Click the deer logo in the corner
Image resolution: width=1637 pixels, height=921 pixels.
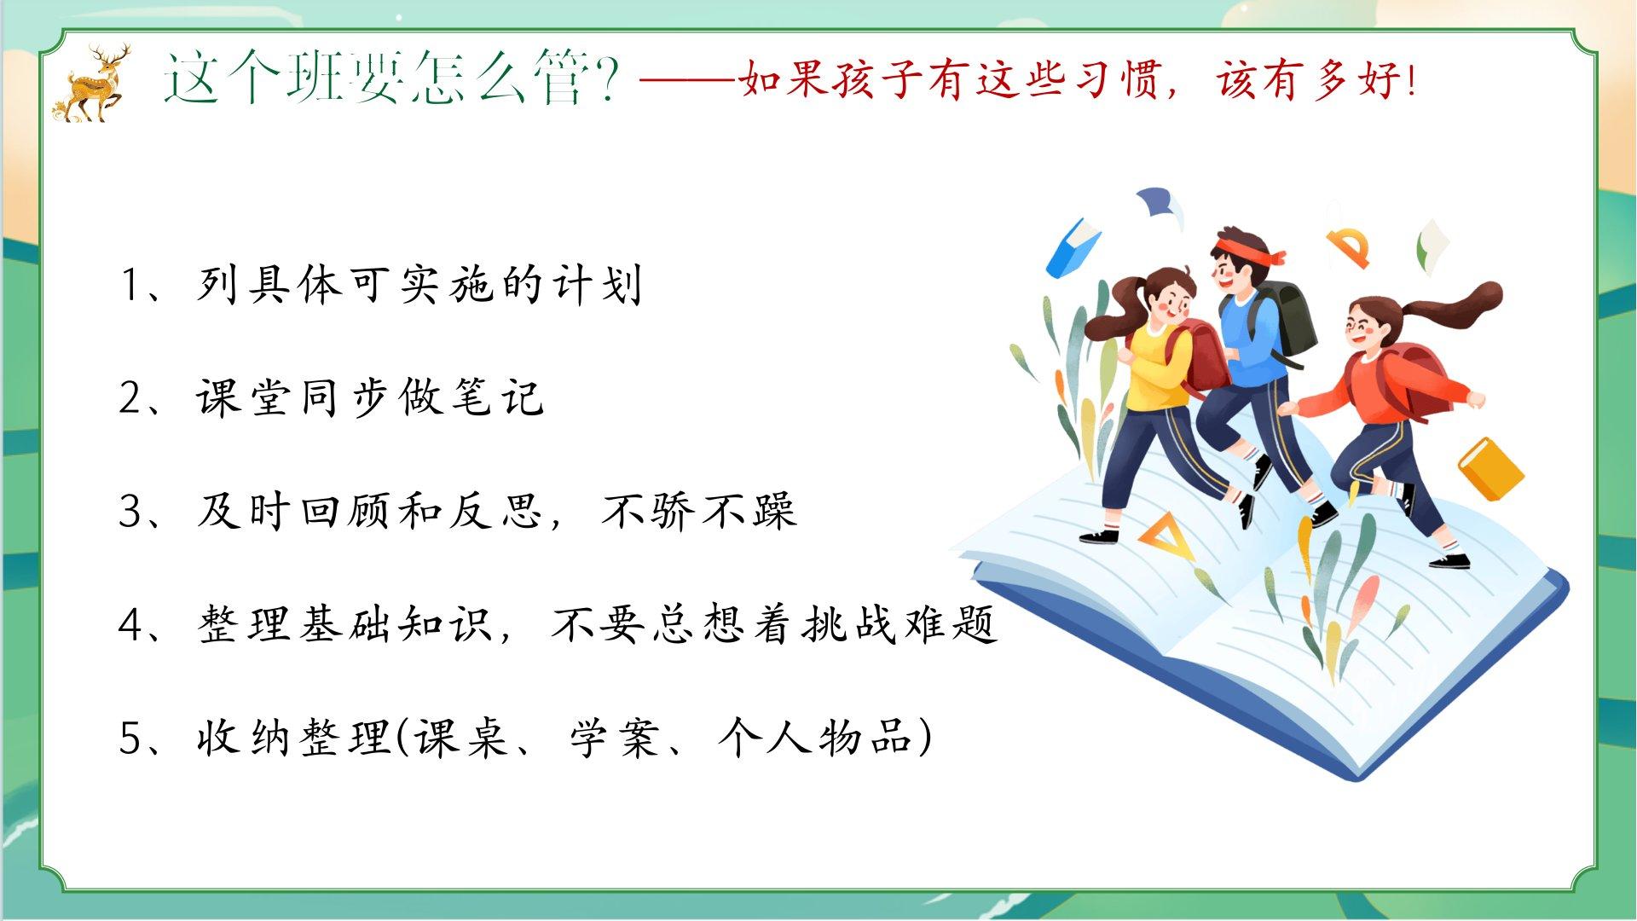[94, 84]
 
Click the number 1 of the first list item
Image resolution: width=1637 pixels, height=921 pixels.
[133, 286]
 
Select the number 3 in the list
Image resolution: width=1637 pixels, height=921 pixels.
[133, 512]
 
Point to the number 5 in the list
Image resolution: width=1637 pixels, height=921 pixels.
[133, 739]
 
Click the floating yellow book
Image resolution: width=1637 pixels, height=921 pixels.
[1490, 468]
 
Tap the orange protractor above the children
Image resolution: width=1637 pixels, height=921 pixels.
[1349, 246]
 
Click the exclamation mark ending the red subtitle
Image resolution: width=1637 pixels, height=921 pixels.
[1410, 81]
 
